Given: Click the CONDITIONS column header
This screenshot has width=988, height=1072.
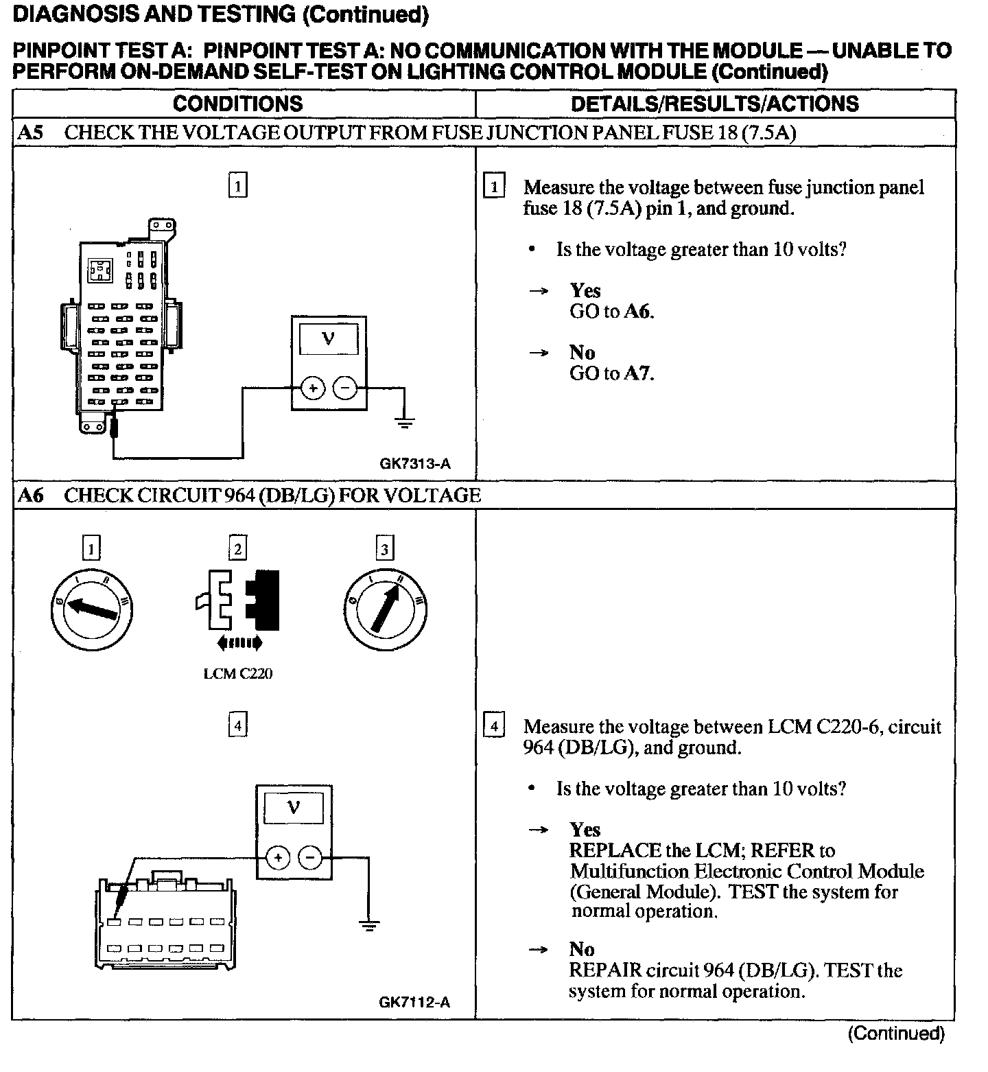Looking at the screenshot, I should pos(237,104).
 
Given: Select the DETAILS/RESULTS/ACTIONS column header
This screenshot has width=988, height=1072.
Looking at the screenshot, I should pos(714,104).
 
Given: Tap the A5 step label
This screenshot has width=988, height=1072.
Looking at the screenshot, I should pos(30,132).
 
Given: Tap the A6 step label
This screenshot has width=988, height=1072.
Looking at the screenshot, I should pos(30,495).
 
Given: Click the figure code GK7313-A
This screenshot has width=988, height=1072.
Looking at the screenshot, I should pos(415,464).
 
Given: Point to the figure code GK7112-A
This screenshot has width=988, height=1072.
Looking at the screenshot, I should pos(414,1003).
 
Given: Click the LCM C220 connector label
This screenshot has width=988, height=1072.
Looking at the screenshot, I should pos(237,674).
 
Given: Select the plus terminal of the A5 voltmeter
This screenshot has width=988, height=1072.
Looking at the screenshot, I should pos(313,389).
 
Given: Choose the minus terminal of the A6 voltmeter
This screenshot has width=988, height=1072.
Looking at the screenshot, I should pos(311,857).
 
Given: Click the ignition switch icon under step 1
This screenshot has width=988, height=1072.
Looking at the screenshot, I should pos(92,609).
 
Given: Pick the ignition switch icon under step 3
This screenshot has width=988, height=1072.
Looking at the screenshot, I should pos(386,609).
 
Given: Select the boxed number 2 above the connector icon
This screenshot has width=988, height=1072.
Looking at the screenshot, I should pos(237,549).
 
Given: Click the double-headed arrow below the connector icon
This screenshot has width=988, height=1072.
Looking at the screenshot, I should pos(238,643).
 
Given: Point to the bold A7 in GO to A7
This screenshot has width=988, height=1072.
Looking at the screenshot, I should pos(637,373).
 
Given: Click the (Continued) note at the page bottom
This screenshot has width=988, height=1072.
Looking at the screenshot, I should pos(896,1034).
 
